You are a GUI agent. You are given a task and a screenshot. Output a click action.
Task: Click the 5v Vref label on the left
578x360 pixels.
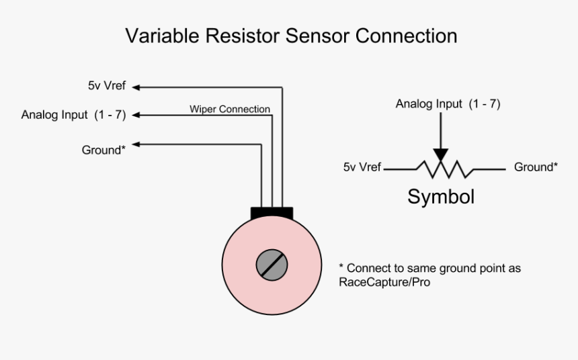click(x=106, y=87)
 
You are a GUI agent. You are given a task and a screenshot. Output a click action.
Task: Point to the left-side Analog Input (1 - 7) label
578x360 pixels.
click(x=73, y=114)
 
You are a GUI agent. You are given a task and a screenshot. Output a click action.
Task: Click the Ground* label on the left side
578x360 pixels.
click(x=104, y=150)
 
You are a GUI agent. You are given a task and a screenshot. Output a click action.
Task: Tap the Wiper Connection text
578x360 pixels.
click(x=229, y=109)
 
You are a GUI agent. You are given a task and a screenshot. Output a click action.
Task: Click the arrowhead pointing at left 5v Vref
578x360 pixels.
click(x=136, y=87)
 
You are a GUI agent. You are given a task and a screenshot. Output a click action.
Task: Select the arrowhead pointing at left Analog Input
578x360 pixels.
click(x=136, y=115)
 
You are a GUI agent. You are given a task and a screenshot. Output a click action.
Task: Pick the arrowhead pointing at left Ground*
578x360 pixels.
click(x=136, y=144)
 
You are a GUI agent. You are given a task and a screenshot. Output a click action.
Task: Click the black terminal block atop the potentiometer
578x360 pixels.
click(x=272, y=213)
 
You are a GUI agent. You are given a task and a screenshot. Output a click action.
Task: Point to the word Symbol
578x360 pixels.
click(x=440, y=197)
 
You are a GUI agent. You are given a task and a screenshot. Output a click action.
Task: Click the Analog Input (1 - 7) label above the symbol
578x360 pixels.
click(x=448, y=104)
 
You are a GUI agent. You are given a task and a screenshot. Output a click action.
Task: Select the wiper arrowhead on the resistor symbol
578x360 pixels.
click(x=440, y=154)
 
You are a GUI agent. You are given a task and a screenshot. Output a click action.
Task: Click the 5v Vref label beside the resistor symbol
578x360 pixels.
click(x=362, y=167)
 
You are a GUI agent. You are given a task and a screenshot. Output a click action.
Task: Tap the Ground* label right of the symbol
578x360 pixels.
click(x=536, y=167)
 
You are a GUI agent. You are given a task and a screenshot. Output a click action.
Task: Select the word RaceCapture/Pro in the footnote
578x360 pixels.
click(x=384, y=283)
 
